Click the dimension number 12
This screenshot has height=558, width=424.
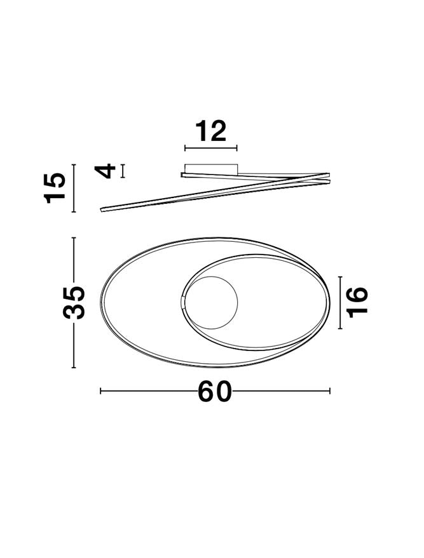pos(211,131)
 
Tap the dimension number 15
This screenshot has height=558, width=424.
pos(55,188)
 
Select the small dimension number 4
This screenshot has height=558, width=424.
pos(106,171)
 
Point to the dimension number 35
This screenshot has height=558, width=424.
pos(74,302)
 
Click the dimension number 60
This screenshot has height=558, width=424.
pos(215,391)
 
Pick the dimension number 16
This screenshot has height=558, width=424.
pos(357,302)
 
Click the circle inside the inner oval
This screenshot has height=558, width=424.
pos(212,302)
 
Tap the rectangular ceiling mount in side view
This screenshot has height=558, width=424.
pos(211,169)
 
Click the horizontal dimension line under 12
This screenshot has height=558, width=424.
pos(211,148)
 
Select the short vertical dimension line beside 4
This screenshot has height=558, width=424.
pos(123,171)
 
